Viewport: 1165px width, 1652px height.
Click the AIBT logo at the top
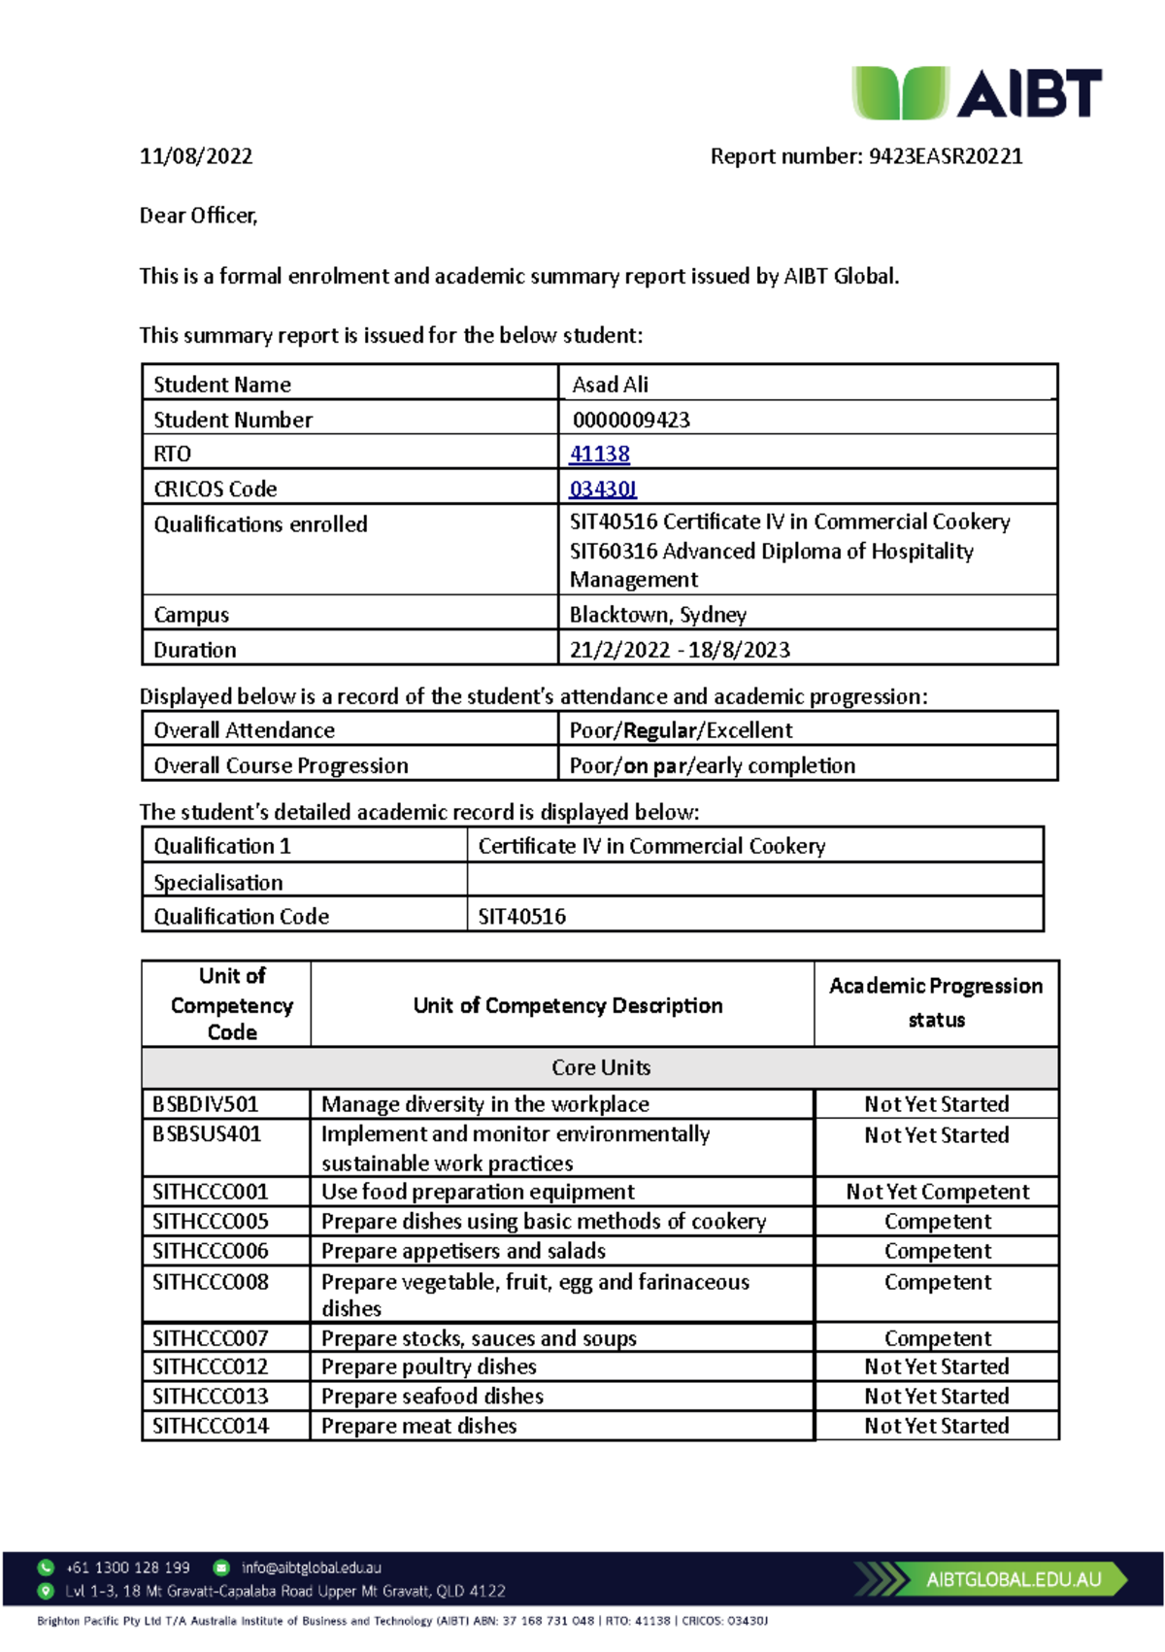pyautogui.click(x=976, y=93)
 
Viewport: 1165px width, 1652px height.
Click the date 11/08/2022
pyautogui.click(x=196, y=156)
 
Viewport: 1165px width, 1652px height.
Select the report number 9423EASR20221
pyautogui.click(x=945, y=156)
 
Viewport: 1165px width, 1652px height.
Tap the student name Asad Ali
pyautogui.click(x=610, y=385)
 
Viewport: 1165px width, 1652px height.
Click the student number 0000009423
pyautogui.click(x=631, y=420)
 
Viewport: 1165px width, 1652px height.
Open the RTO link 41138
pyautogui.click(x=599, y=454)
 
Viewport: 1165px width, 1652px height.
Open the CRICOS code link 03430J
pyautogui.click(x=603, y=489)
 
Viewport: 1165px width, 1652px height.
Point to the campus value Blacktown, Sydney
pyautogui.click(x=657, y=615)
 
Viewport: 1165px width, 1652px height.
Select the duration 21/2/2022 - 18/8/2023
pyautogui.click(x=680, y=650)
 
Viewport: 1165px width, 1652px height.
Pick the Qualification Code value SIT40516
pyautogui.click(x=521, y=916)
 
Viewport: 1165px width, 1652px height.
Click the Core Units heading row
pyautogui.click(x=600, y=1067)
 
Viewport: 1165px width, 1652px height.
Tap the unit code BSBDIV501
pyautogui.click(x=206, y=1104)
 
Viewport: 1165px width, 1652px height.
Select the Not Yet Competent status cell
pyautogui.click(x=937, y=1192)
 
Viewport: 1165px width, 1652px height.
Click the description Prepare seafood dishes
pyautogui.click(x=432, y=1397)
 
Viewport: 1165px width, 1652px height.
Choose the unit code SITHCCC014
pyautogui.click(x=211, y=1426)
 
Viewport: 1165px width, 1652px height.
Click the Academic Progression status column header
pyautogui.click(x=936, y=1002)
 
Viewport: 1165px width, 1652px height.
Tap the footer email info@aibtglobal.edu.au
pyautogui.click(x=311, y=1568)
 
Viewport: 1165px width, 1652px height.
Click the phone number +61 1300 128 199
pyautogui.click(x=128, y=1568)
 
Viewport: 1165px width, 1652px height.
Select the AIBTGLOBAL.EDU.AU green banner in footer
pyautogui.click(x=1013, y=1579)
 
